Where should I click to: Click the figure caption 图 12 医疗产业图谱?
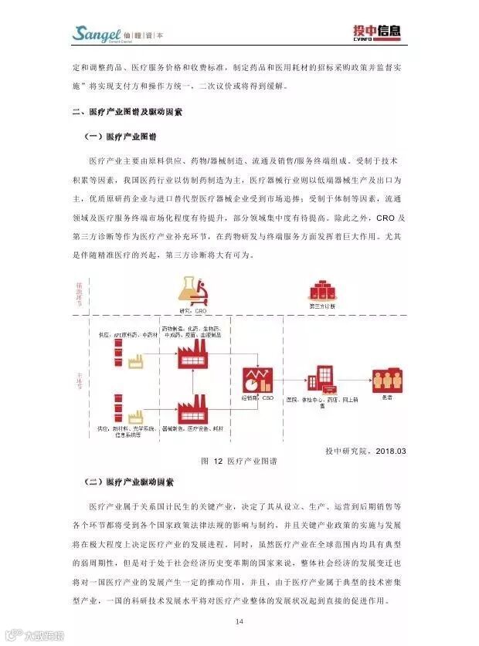click(239, 461)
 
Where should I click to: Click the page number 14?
click(239, 622)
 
